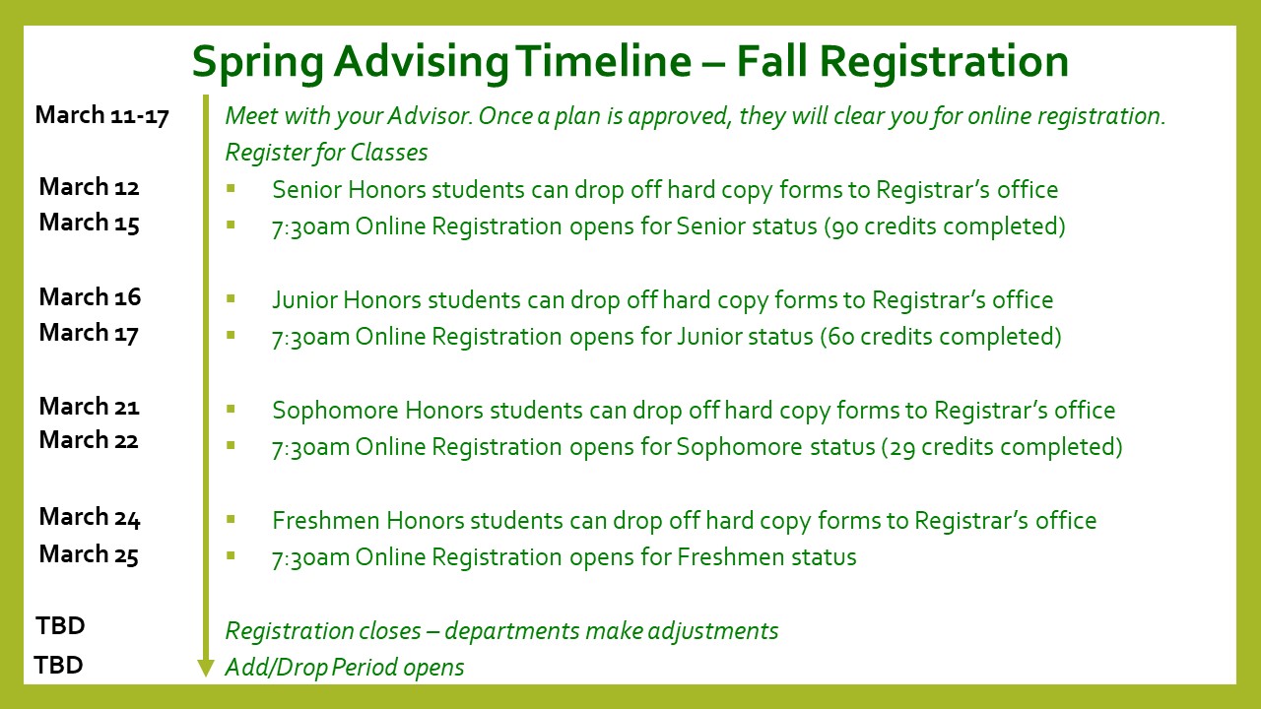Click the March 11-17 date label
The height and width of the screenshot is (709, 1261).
click(101, 115)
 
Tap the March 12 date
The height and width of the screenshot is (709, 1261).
click(89, 187)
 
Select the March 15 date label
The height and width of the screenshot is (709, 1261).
click(89, 223)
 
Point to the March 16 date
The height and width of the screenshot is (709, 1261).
click(90, 297)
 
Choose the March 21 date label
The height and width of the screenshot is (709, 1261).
click(89, 407)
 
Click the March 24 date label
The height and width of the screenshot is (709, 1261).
click(90, 517)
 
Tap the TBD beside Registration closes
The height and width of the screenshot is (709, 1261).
click(60, 625)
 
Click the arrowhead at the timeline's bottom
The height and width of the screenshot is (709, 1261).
click(206, 668)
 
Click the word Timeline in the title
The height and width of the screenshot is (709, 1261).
click(603, 61)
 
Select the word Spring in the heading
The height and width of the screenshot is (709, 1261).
click(258, 63)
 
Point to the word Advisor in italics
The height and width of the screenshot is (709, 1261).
click(429, 116)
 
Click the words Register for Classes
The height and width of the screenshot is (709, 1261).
click(326, 153)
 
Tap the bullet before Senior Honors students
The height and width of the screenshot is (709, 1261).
click(231, 188)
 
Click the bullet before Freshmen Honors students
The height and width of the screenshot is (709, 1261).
click(231, 519)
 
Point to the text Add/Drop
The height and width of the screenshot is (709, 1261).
click(277, 668)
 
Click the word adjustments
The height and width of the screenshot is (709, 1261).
click(713, 631)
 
